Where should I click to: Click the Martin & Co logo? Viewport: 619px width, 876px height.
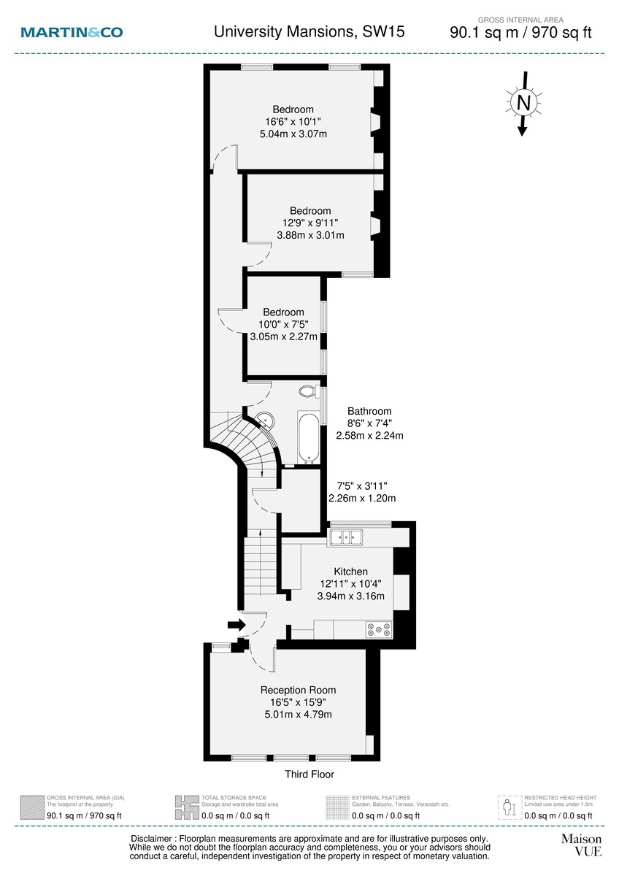click(72, 32)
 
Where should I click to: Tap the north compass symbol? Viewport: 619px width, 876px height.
click(523, 103)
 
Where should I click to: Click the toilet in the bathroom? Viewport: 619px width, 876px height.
click(309, 392)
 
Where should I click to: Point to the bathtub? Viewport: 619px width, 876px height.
click(307, 437)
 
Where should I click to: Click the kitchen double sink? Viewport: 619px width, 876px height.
click(347, 538)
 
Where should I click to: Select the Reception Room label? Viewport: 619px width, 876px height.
click(298, 690)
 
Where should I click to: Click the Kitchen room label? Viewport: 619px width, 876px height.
click(350, 572)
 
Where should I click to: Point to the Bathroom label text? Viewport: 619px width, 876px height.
click(369, 411)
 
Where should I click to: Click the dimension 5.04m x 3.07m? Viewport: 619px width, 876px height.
click(293, 134)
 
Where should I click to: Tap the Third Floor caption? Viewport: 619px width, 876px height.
click(309, 775)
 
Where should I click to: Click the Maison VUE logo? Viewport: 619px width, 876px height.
click(581, 845)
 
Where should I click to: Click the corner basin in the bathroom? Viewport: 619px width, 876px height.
click(266, 421)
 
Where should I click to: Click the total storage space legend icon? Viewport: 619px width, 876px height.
click(187, 806)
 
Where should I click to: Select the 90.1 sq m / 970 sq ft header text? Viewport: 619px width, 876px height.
click(521, 32)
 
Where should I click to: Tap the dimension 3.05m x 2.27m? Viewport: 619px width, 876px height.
click(284, 337)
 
